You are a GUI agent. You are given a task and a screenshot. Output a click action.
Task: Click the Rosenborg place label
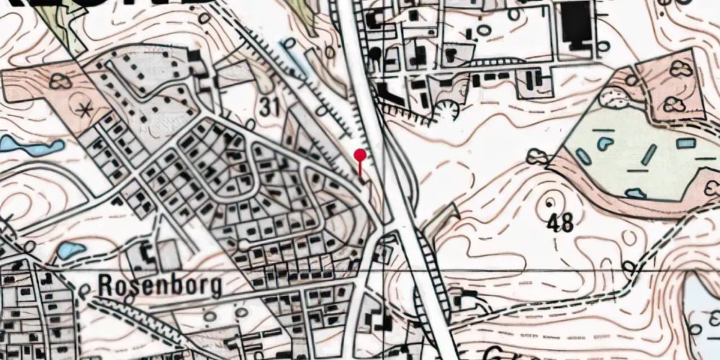point(159,286)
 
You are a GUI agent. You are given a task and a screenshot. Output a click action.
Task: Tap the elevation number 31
point(269,108)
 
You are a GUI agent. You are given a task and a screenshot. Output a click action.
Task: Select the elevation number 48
point(559,223)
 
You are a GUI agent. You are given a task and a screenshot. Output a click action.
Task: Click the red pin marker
point(360,155)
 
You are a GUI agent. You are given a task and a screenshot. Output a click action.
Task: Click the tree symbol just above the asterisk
point(60,81)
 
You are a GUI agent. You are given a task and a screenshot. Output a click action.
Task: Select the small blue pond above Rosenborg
point(70,251)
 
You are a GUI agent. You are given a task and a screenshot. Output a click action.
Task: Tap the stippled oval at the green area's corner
point(614,96)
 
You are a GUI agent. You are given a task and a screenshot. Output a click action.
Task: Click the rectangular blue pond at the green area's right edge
point(686,143)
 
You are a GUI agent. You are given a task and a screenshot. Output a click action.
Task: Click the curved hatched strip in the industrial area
point(492,61)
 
